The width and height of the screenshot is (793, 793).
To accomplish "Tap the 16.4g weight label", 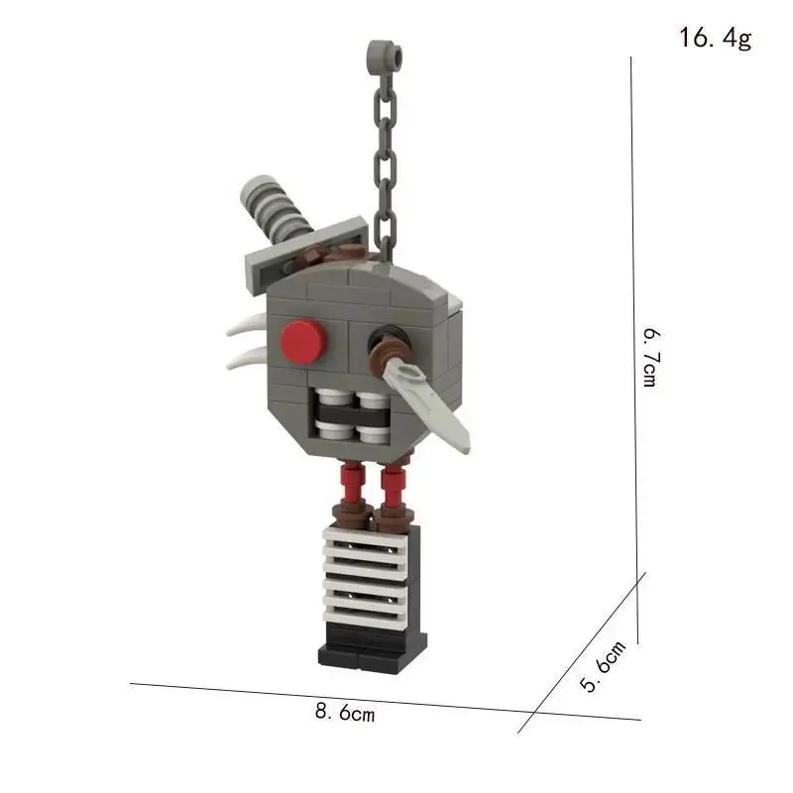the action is click(715, 38).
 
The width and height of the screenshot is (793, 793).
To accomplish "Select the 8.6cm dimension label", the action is click(345, 712).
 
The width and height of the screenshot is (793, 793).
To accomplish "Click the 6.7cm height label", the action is click(651, 357).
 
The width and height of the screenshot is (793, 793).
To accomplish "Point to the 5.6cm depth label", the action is click(603, 665).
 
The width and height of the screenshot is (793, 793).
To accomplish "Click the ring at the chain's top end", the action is click(386, 55).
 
